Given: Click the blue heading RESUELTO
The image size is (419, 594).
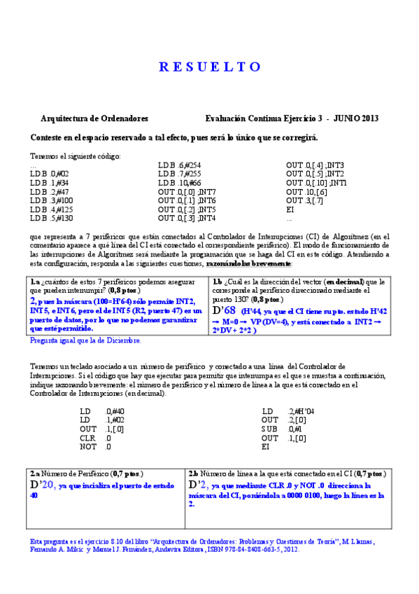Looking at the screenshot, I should [210, 67].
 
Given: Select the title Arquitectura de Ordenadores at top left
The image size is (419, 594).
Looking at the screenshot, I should [94, 119].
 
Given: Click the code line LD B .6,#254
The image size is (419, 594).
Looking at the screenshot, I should [180, 166].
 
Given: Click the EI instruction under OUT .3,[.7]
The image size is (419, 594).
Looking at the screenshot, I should [290, 209].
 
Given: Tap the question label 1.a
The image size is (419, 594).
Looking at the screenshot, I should [34, 282].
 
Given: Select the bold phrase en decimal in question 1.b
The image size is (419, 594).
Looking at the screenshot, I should [347, 282].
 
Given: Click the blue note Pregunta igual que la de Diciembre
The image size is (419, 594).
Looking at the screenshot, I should [86, 340].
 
